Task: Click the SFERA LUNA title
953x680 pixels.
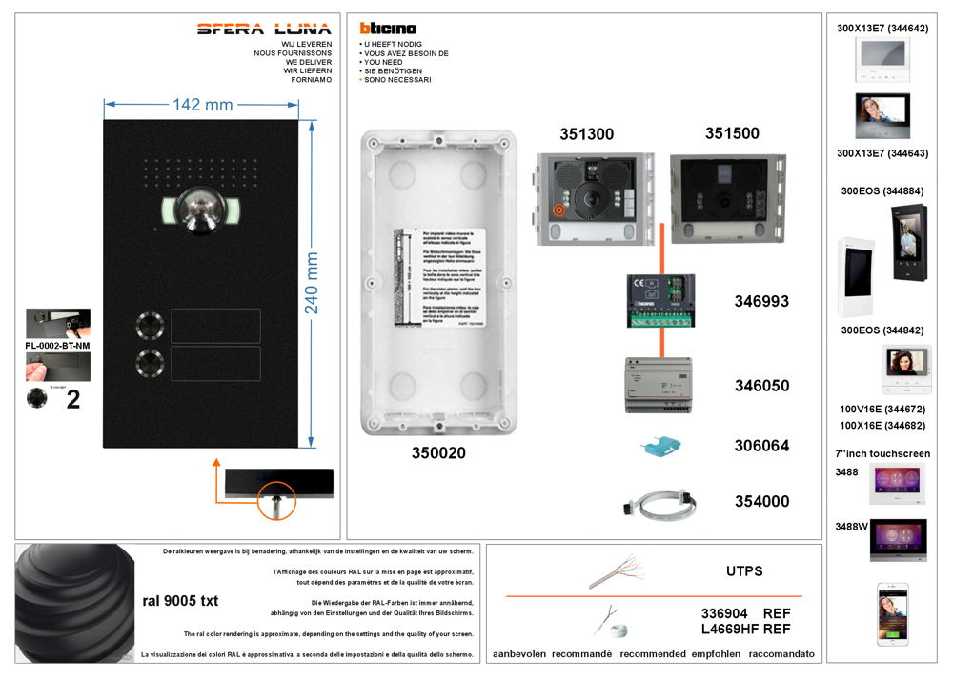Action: click(264, 29)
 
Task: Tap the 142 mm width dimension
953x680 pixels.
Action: click(202, 105)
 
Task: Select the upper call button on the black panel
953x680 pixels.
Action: click(150, 326)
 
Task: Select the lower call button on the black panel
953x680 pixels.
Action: click(150, 363)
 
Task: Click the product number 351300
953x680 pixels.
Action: click(586, 134)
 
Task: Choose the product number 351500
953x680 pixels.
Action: click(732, 133)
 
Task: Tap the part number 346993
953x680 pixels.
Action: click(761, 301)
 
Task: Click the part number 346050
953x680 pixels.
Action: click(761, 386)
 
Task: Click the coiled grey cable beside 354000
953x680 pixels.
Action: click(659, 503)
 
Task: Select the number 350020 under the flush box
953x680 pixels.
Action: click(438, 453)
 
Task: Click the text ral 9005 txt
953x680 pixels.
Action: click(180, 601)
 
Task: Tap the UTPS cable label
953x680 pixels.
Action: click(744, 571)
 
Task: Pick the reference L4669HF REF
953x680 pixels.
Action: click(745, 630)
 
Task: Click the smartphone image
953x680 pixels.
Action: click(893, 614)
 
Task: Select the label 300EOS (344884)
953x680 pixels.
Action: click(882, 191)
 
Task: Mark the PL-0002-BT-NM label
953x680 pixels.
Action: click(57, 345)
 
